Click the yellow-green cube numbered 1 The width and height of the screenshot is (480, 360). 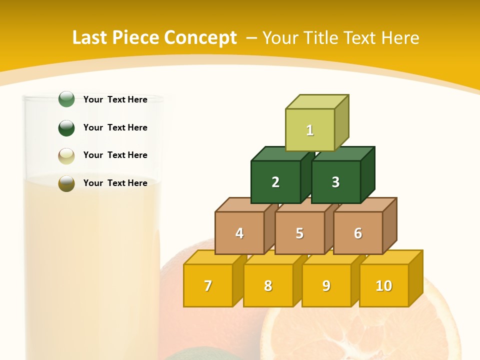[x=310, y=130]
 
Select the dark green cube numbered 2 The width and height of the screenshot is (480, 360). [x=275, y=182]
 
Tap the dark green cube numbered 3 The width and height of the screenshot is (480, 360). [x=335, y=182]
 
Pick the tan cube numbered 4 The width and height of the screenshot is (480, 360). [x=239, y=233]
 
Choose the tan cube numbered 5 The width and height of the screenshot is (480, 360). [x=299, y=233]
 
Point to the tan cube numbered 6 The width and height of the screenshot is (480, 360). [x=358, y=233]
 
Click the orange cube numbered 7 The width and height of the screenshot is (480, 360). [x=208, y=285]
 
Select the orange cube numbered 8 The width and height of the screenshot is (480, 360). [x=268, y=285]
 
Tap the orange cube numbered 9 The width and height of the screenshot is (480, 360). [x=326, y=285]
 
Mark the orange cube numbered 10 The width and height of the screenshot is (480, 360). [x=383, y=285]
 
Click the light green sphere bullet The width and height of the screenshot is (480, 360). [x=66, y=99]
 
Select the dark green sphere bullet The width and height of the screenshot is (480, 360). [x=66, y=127]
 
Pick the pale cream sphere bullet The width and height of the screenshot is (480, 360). [x=66, y=155]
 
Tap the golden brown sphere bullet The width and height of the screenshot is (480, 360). [x=66, y=183]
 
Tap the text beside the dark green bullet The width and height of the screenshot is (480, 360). [x=115, y=127]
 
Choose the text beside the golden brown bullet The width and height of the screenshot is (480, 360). [x=115, y=183]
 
